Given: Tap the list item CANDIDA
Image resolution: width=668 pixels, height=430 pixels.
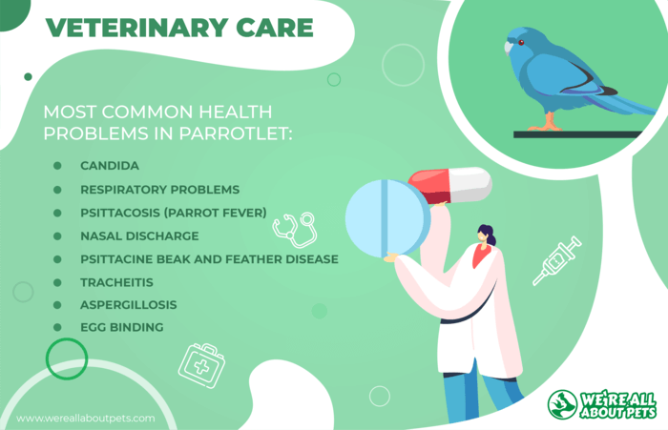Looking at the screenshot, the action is click(x=110, y=166).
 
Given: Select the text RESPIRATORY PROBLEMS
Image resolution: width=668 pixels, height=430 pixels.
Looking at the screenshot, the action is click(x=159, y=190).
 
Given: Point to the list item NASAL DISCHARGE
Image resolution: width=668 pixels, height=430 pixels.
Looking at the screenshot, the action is click(x=139, y=235).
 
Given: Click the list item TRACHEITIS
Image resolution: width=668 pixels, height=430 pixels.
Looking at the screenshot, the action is click(x=116, y=282).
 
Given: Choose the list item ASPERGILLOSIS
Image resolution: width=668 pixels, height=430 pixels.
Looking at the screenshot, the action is click(x=128, y=305).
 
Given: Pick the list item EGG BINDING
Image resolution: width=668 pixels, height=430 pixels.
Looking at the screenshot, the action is click(x=122, y=327).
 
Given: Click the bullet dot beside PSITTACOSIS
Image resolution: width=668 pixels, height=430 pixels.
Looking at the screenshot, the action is click(x=57, y=213).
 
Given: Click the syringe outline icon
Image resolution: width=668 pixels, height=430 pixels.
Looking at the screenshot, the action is click(x=556, y=260).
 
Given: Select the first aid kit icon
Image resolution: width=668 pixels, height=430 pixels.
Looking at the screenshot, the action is click(x=201, y=366).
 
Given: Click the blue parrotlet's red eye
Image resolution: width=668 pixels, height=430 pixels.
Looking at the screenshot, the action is click(x=521, y=43).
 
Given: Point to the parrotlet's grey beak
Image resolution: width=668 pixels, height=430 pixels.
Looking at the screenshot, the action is click(x=508, y=48).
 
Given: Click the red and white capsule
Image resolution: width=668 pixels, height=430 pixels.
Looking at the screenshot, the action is click(x=450, y=185).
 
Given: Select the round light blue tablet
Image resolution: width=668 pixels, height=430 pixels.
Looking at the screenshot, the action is click(x=387, y=219).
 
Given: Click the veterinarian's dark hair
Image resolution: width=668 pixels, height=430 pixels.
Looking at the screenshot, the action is click(x=488, y=235).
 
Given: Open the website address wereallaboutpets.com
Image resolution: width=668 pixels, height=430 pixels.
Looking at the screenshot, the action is click(x=86, y=418).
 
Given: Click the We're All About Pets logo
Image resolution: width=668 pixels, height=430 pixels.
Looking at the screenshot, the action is click(x=602, y=404).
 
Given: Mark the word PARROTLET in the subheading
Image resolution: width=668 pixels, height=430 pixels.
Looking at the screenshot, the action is click(x=235, y=133).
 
